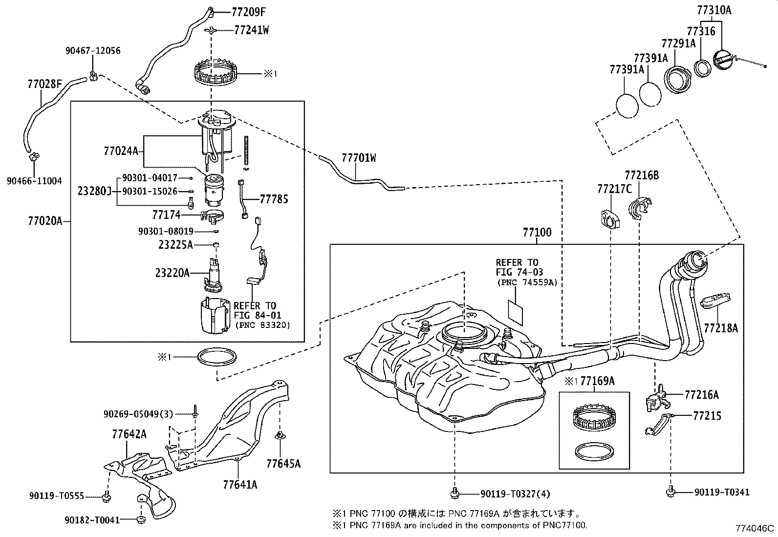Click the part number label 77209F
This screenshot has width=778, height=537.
coord(249,13)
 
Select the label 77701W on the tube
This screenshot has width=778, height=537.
coord(359,158)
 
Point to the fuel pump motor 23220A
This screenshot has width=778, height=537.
coord(213,275)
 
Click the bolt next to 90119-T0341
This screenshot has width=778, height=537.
coord(670,492)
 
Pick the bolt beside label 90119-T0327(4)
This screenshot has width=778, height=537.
coord(454,493)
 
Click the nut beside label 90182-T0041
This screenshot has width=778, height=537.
coord(141,519)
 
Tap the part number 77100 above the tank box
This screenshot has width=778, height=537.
coord(537,233)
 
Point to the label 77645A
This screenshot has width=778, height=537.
coord(283,464)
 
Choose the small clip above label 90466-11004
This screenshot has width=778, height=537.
coord(34,157)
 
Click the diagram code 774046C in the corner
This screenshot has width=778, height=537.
coord(755,528)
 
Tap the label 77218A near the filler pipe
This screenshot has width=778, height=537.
coord(721,328)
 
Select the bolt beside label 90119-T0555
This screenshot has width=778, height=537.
coord(107,495)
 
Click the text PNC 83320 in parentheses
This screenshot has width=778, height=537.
coord(262,325)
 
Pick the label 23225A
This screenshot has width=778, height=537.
coord(176,245)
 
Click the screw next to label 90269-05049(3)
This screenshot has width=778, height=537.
coord(195,411)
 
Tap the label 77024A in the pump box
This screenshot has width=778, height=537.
coord(121,151)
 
